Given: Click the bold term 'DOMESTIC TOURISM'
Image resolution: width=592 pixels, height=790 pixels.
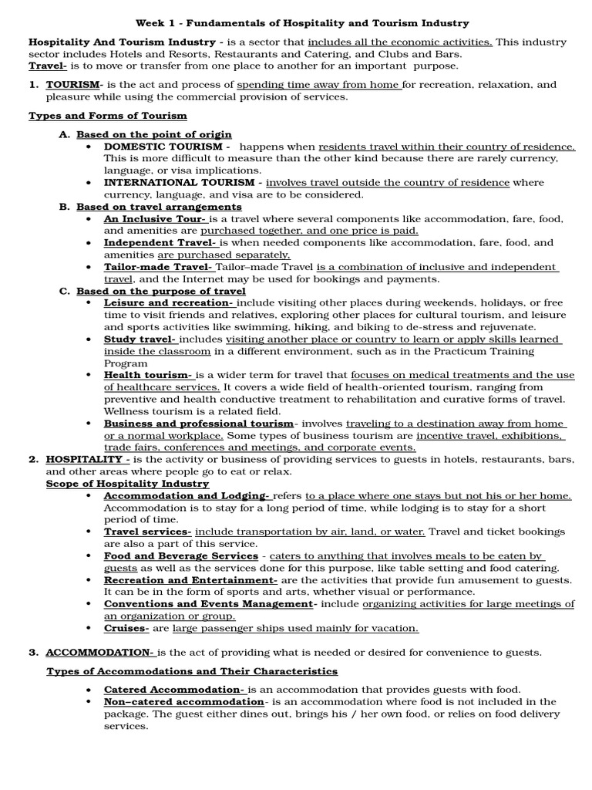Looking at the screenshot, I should coord(166,146).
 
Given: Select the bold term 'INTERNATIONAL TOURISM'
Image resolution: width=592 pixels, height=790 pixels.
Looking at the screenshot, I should coord(183,183).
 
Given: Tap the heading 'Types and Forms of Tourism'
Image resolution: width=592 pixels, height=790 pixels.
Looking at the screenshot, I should coord(108,116).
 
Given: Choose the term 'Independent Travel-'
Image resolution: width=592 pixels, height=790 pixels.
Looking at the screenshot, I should coord(153,242).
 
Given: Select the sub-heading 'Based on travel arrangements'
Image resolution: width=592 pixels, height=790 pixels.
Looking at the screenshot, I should coord(159,207).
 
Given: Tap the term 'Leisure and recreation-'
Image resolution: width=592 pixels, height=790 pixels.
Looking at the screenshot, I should coord(169,302).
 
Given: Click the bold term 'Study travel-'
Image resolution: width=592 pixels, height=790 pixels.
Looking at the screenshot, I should coord(140,339).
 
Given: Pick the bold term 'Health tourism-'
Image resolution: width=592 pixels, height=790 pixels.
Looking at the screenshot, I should coord(148,375).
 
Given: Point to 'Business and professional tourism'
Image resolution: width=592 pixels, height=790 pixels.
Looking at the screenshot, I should coord(199,424).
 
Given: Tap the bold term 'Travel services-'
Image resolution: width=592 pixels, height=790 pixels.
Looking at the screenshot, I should coord(147,532).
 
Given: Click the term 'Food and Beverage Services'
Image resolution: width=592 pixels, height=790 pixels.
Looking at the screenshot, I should coord(181,555).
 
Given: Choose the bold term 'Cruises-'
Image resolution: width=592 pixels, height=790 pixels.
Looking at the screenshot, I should coord(127,628).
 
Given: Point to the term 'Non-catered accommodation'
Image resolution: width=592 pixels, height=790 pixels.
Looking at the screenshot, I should coord(183,701).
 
